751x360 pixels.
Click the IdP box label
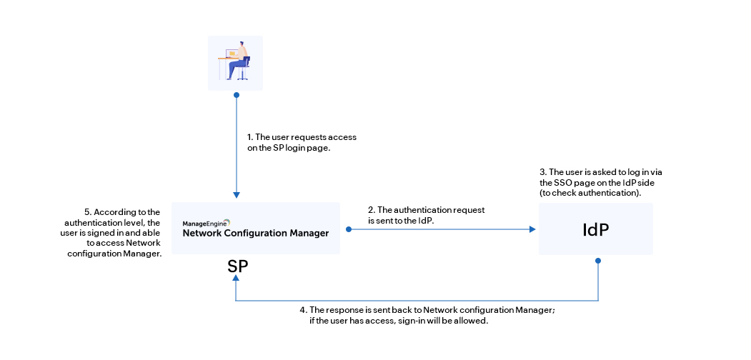click(x=595, y=229)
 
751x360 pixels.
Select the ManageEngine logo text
click(x=206, y=223)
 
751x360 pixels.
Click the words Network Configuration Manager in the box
click(x=256, y=233)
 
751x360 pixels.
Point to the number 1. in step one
click(x=250, y=136)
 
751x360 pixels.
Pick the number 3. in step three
click(x=542, y=173)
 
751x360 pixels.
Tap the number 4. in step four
click(x=303, y=310)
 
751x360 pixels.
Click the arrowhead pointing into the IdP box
click(x=532, y=229)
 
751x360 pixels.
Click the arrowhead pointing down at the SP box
click(x=236, y=195)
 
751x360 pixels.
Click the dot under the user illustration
click(x=236, y=94)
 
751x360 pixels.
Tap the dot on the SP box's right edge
click(x=348, y=229)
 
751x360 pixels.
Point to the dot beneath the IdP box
click(x=597, y=260)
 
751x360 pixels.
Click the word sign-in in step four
click(x=412, y=321)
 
